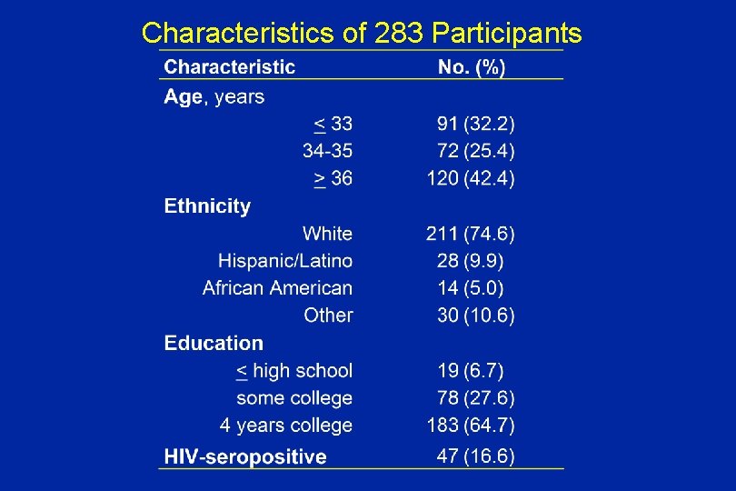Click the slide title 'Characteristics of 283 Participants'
(x=362, y=34)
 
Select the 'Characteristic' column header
(x=229, y=66)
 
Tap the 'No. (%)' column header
(x=472, y=66)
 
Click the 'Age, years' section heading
(x=214, y=96)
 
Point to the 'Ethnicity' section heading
(x=207, y=206)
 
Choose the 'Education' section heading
(x=214, y=344)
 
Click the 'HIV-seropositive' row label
(x=244, y=456)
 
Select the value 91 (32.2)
(x=475, y=124)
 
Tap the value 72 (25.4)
(x=475, y=151)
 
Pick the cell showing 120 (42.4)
(x=471, y=178)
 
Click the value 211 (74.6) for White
(x=471, y=234)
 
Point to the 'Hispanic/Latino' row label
(x=285, y=261)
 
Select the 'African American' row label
(x=277, y=288)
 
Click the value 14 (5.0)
(x=471, y=288)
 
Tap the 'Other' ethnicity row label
(x=328, y=316)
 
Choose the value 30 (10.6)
(x=475, y=316)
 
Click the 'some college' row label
(x=294, y=398)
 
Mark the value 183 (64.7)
(x=471, y=426)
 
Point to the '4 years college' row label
(x=285, y=426)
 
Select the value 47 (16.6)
(x=475, y=456)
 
